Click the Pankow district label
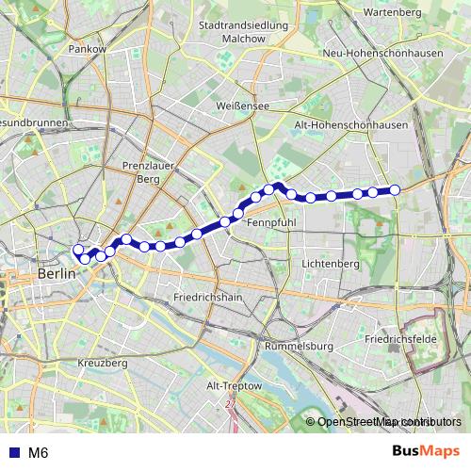[88, 48]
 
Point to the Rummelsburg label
[300, 346]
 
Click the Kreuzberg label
[103, 363]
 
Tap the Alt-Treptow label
[235, 386]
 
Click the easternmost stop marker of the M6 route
[396, 190]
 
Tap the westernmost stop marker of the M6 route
[77, 250]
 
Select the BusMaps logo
[427, 451]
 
